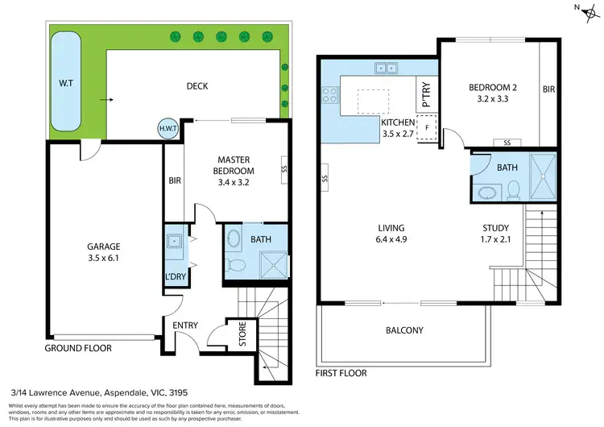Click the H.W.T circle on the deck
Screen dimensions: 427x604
pos(168,127)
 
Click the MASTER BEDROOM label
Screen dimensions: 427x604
pos(233,165)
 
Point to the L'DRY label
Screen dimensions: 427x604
pos(176,277)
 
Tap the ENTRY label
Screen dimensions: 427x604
pos(185,325)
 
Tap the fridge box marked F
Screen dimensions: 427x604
pos(427,127)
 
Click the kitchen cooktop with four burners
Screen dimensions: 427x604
pos(330,96)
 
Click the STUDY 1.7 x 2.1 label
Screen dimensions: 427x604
pos(495,232)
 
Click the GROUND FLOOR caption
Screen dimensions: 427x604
pos(78,348)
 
